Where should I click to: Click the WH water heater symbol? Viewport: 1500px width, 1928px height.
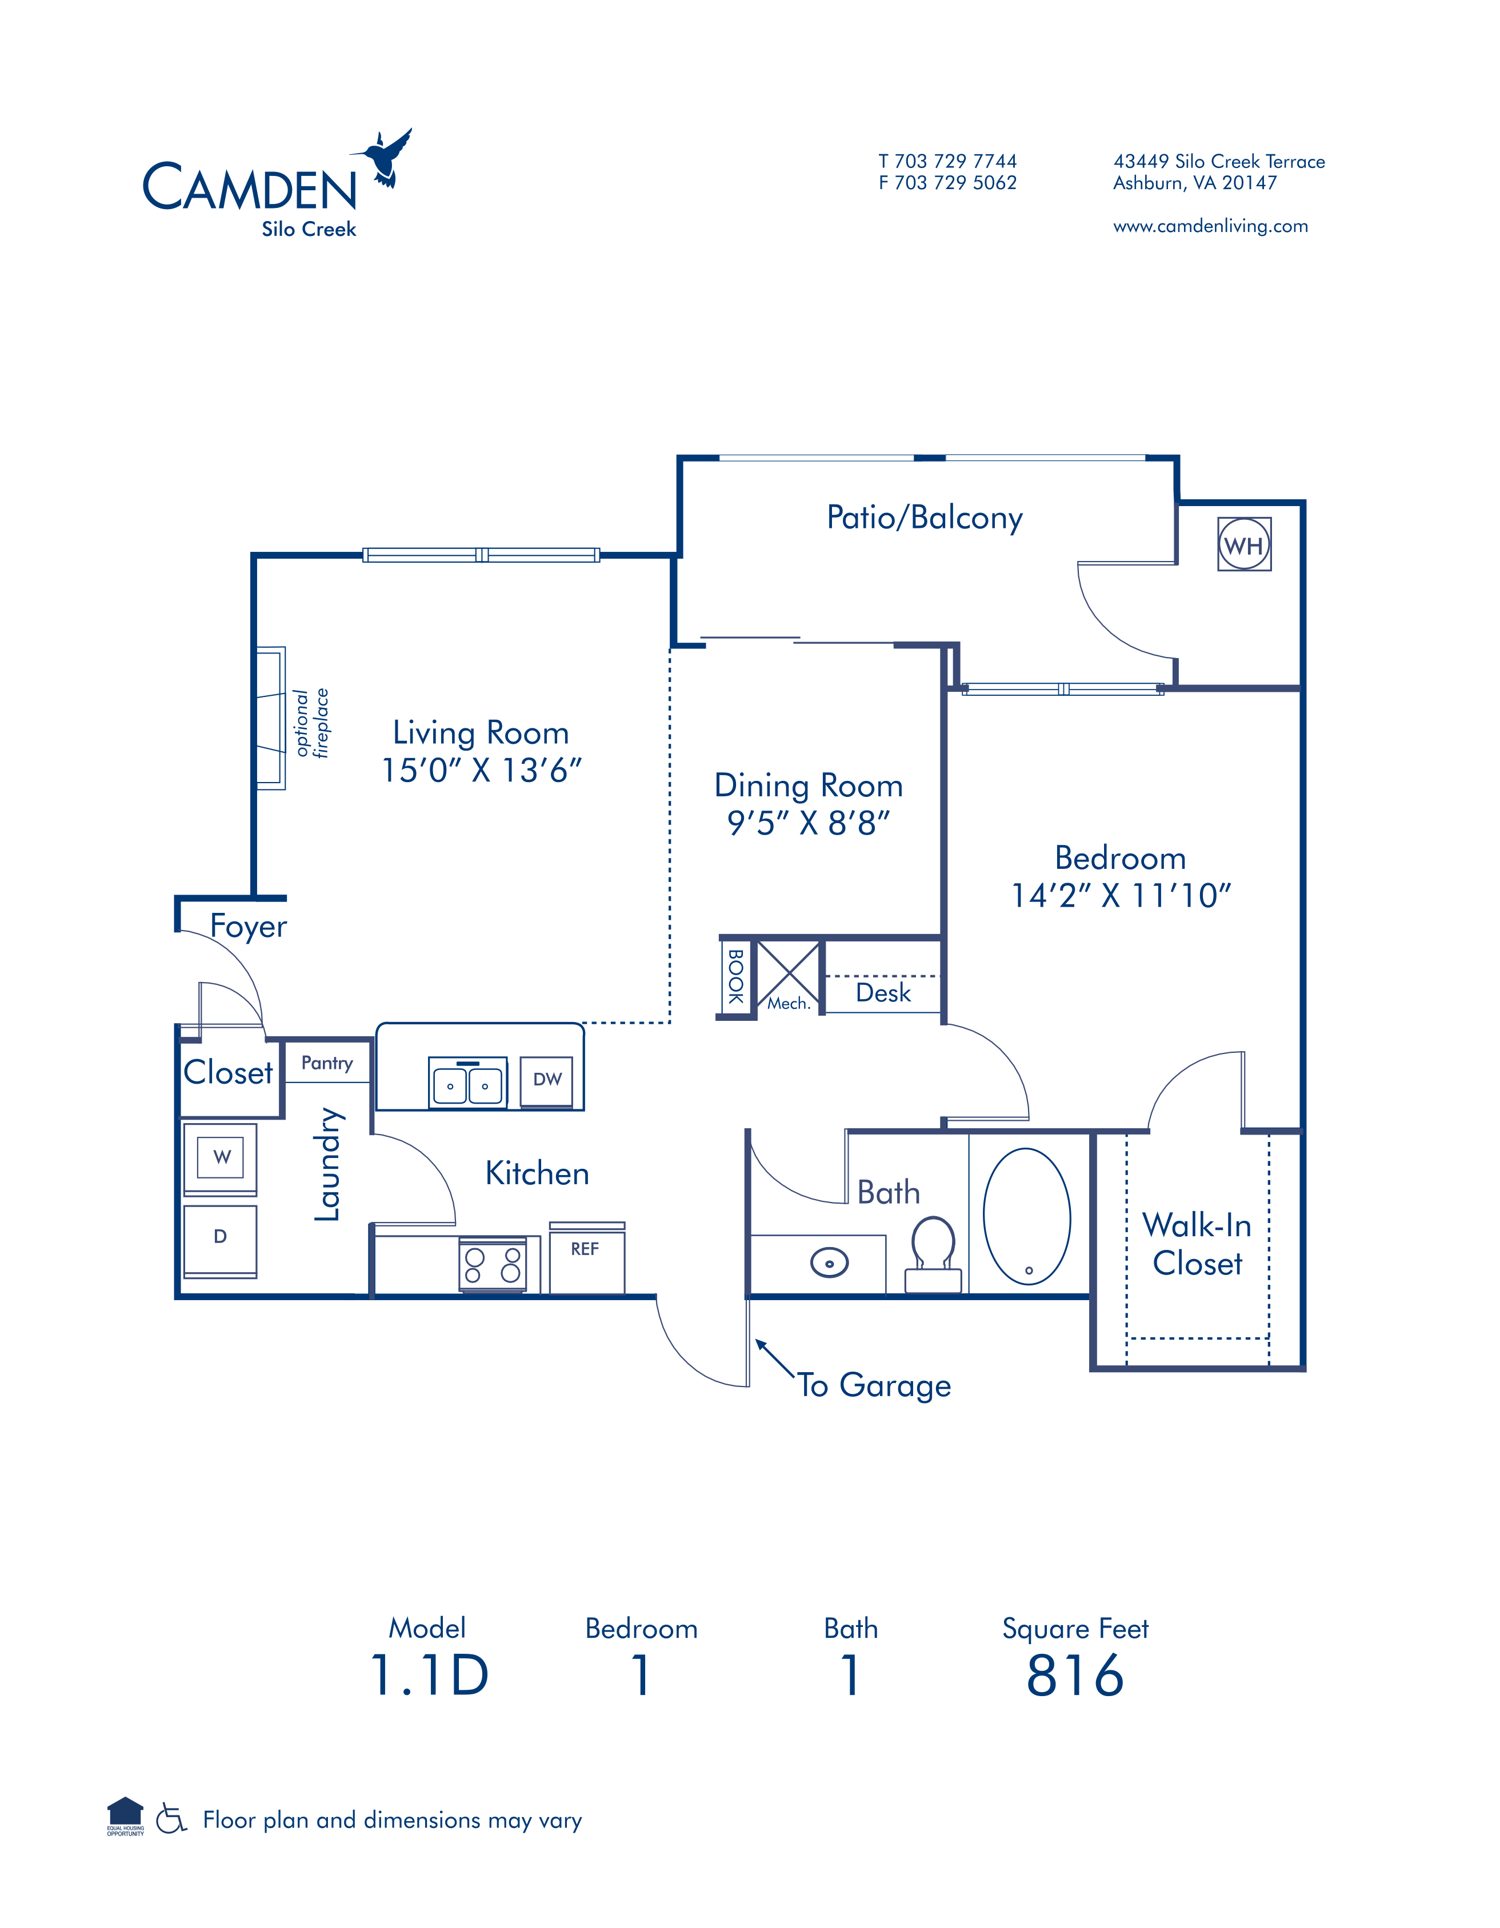click(1244, 544)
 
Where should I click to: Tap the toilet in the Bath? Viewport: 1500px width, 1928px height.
click(933, 1254)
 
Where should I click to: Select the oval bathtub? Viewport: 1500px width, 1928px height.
click(1027, 1216)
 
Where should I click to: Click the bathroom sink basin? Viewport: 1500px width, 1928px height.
click(829, 1263)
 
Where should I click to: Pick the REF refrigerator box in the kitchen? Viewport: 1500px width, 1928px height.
click(587, 1259)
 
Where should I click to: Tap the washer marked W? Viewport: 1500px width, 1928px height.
click(221, 1158)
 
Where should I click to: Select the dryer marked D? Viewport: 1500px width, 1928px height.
click(221, 1240)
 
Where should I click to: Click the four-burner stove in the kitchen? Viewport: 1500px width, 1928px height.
click(493, 1265)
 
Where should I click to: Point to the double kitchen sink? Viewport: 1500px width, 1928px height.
click(468, 1083)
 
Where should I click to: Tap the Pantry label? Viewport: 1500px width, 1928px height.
click(327, 1064)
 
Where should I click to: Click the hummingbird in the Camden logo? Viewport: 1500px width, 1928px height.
click(382, 158)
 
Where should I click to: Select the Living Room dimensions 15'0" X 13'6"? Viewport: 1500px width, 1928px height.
click(481, 771)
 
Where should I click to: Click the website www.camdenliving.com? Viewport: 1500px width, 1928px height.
click(1210, 226)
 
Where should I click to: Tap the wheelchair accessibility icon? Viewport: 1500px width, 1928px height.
click(171, 1818)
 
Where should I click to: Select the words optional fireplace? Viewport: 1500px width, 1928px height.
click(311, 723)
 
